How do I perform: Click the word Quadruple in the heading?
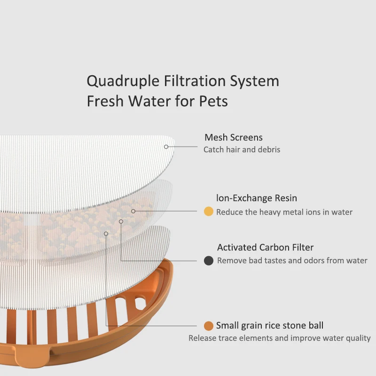click(119, 81)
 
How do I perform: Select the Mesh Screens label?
click(233, 138)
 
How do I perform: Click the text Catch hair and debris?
click(242, 149)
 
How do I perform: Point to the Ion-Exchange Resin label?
click(257, 198)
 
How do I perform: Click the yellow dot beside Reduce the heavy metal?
click(209, 212)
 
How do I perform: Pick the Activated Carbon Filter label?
click(265, 247)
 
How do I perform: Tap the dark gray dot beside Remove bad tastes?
click(209, 260)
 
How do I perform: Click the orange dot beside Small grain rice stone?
click(209, 326)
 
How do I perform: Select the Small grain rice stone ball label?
click(270, 325)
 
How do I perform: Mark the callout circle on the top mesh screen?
click(166, 147)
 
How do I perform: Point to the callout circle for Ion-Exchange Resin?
click(133, 211)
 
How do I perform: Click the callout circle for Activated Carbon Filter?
click(121, 221)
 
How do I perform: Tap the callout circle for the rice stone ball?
click(106, 234)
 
